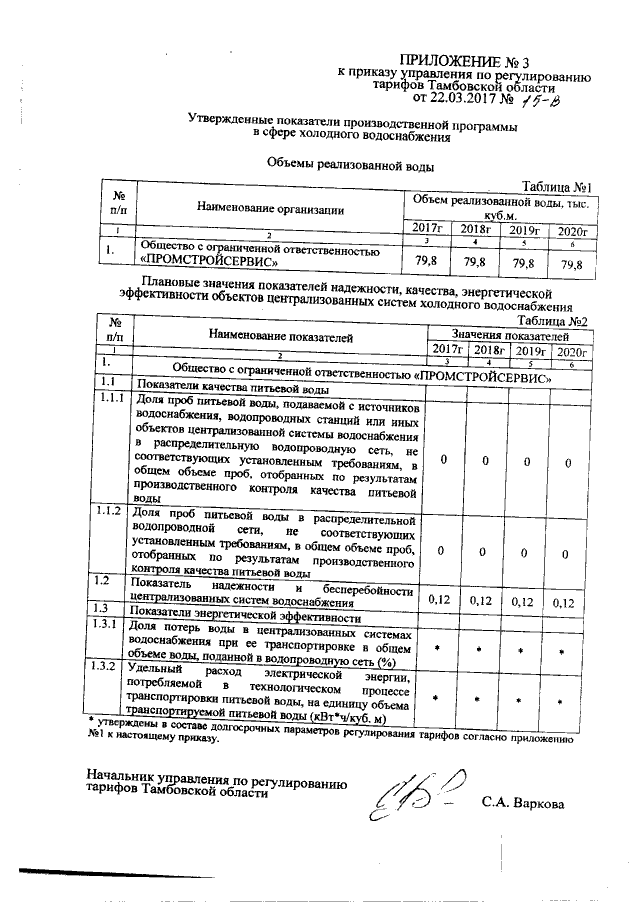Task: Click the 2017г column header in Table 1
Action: click(426, 230)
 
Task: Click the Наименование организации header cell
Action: click(270, 209)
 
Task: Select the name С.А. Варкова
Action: click(521, 803)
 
